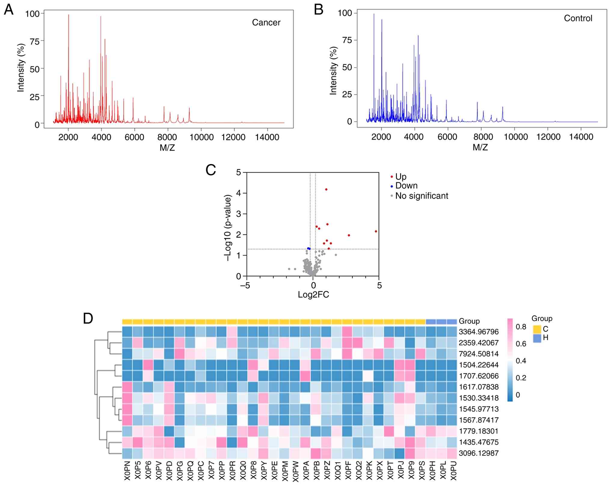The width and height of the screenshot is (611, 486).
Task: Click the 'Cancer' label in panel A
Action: pos(266,22)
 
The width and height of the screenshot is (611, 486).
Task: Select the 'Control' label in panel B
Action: pos(578,18)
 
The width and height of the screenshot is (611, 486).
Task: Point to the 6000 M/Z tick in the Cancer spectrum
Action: pos(134,137)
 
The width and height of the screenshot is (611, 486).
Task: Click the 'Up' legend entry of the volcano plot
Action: pos(401,176)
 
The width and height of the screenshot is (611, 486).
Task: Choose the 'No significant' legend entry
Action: pos(421,196)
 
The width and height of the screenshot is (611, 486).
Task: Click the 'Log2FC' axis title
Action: pos(313,294)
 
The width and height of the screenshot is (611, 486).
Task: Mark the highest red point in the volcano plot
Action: pos(326,189)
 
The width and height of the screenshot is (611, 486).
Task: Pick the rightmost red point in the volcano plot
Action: pos(376,231)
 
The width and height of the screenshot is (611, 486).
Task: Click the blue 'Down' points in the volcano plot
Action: pos(309,248)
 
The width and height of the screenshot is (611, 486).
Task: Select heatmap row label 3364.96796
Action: pos(478,332)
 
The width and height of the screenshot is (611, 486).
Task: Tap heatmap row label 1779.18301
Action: pos(478,431)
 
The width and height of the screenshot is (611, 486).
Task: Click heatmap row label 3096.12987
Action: pos(478,453)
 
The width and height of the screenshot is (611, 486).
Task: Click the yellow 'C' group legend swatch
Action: pos(536,329)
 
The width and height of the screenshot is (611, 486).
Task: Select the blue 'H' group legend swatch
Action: pos(536,338)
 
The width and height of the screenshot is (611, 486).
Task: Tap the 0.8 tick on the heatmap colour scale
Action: pos(521,327)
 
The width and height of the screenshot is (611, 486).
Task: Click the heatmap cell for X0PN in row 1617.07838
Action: pos(127,387)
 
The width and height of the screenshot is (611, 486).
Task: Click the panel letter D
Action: pos(88,319)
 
